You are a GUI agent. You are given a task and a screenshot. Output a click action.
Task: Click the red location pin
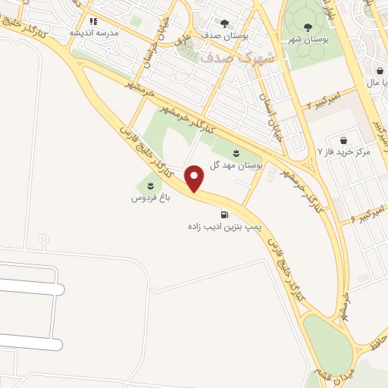[196, 177]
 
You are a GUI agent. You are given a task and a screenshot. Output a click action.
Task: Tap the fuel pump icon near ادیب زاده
[225, 214]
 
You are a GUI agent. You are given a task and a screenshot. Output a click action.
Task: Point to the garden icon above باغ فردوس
[149, 186]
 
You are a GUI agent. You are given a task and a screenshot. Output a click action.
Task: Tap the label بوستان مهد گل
[239, 165]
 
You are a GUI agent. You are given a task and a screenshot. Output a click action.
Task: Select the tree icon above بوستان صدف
[224, 23]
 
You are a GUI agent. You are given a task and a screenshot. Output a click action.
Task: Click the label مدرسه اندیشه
[92, 34]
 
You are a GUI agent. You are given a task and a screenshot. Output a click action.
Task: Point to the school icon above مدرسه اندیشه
[93, 22]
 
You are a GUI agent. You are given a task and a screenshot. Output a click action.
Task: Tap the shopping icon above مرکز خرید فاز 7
[344, 140]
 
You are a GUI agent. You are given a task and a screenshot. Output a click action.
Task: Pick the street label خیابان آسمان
[269, 111]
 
